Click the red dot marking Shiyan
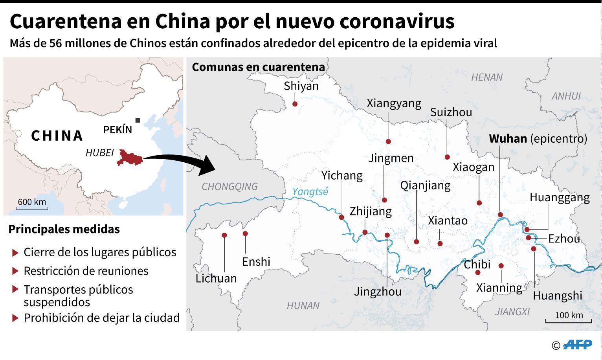tap(295, 104)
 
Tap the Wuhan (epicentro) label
tap(538, 139)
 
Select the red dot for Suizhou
tap(447, 157)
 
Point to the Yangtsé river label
tap(310, 192)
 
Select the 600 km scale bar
tap(32, 206)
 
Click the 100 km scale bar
tap(569, 320)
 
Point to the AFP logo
tap(577, 345)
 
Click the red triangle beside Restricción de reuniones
tap(15, 271)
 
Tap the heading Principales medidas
tap(64, 229)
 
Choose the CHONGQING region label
tap(229, 186)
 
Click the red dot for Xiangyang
tap(388, 141)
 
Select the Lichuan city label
tap(216, 278)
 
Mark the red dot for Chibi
tap(478, 272)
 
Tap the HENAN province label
tap(486, 77)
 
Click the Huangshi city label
tap(557, 295)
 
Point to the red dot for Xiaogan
tap(479, 203)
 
